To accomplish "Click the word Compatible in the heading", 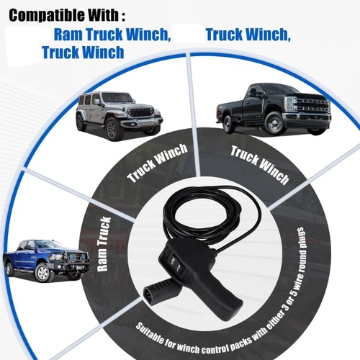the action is click(x=47, y=16).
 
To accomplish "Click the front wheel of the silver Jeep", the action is click(x=112, y=130).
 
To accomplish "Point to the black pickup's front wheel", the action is click(x=274, y=124).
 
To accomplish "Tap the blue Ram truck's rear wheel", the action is click(x=9, y=269).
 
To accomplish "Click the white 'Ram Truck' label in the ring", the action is click(x=104, y=244).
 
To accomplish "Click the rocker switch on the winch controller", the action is click(x=176, y=262).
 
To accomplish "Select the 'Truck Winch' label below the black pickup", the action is click(x=260, y=165).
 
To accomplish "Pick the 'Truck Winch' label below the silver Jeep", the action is click(x=157, y=163).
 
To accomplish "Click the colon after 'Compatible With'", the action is click(x=123, y=16).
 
